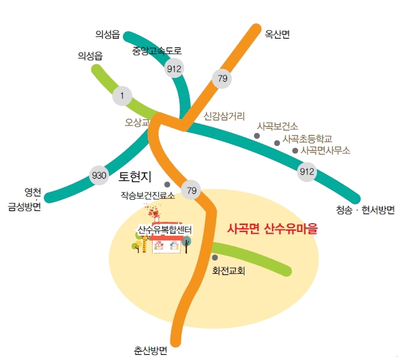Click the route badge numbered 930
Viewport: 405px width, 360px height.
tap(99, 175)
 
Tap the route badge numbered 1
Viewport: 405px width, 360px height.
tap(122, 96)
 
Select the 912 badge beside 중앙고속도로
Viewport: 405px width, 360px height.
tap(174, 68)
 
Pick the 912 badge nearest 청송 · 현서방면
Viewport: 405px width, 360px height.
tap(307, 171)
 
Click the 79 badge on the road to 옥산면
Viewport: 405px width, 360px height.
tap(222, 79)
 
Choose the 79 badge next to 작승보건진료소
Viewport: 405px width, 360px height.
tap(191, 189)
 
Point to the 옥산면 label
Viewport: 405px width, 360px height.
tap(277, 35)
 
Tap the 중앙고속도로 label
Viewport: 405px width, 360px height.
tap(157, 50)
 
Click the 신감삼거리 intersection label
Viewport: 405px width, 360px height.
tap(224, 117)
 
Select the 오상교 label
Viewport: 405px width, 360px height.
tap(136, 121)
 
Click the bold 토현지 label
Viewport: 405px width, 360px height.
tap(138, 175)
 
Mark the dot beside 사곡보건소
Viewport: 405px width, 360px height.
tap(257, 136)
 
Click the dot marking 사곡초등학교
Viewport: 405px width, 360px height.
tap(277, 143)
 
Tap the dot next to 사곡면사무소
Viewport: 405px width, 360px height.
tap(295, 151)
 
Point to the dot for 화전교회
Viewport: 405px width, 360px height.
tap(215, 257)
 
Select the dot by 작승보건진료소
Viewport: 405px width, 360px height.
tap(167, 185)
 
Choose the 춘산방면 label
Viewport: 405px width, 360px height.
tap(150, 350)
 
